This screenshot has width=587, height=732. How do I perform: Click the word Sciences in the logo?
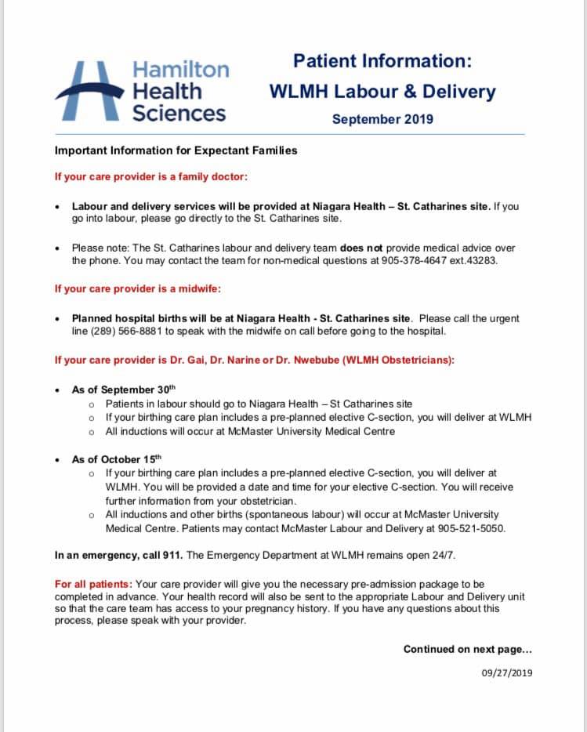[x=179, y=113]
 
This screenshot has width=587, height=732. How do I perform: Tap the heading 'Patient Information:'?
[x=382, y=60]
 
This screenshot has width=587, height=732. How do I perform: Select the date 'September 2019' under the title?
[x=382, y=119]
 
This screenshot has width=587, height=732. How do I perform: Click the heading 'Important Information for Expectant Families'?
[x=176, y=150]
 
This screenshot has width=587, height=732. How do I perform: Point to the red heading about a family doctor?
[x=150, y=176]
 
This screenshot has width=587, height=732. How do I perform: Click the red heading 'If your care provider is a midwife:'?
[x=138, y=288]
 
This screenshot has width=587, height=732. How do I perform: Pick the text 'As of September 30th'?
[x=124, y=390]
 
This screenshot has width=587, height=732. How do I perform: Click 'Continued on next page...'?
[x=467, y=649]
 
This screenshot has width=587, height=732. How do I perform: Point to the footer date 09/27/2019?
[x=507, y=672]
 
